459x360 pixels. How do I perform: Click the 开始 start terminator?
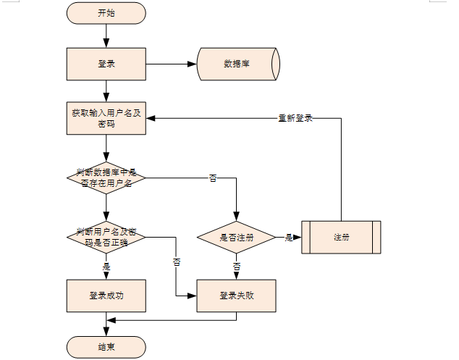point(106,13)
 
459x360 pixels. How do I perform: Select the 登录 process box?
point(106,64)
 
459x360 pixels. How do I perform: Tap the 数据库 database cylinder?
point(238,64)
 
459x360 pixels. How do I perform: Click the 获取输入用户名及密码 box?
point(106,118)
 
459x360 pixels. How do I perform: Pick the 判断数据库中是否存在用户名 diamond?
point(106,177)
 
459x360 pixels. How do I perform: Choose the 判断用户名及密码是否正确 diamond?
point(106,238)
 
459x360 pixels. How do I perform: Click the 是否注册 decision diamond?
point(236,238)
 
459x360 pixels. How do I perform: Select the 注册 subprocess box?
point(341,238)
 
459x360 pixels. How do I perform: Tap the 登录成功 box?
point(106,296)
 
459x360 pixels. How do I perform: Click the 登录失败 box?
point(236,296)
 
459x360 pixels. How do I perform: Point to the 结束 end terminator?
point(106,347)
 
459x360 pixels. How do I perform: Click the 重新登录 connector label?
point(295,118)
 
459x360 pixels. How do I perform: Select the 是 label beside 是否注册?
point(289,238)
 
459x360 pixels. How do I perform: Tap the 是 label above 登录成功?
point(106,267)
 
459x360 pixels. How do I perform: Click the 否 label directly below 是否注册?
point(236,267)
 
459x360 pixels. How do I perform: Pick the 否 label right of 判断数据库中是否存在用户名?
point(213,177)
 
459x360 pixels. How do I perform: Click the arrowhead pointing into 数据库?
point(192,64)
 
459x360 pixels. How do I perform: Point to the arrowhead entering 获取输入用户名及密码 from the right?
point(151,118)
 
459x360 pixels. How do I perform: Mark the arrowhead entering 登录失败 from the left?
point(192,296)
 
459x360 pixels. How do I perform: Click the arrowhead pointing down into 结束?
point(106,332)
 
